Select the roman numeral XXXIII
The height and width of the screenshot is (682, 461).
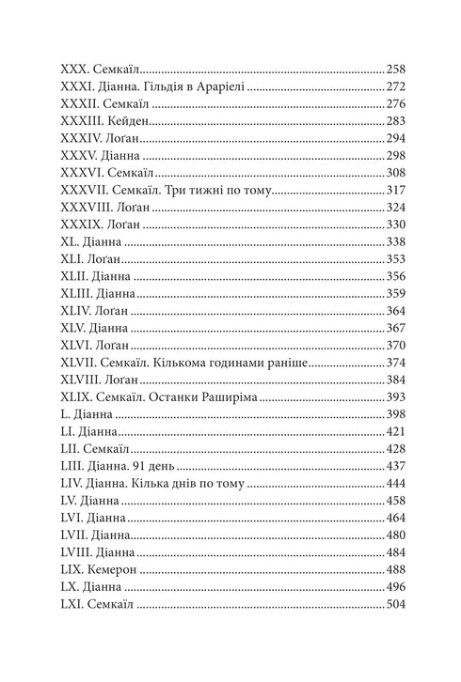pyautogui.click(x=81, y=121)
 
